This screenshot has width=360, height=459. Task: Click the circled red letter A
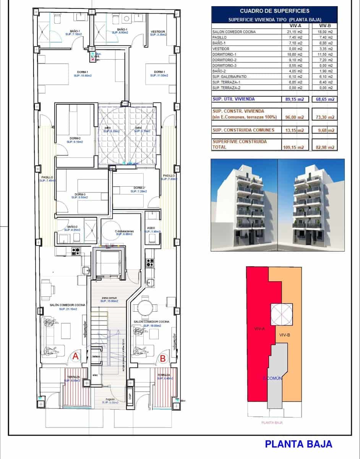point(76,356)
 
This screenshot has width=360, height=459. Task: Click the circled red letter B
point(163,358)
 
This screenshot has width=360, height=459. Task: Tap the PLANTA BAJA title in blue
point(298,444)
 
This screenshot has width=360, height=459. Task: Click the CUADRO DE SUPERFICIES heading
point(274,11)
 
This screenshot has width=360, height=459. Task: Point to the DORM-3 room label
point(80,194)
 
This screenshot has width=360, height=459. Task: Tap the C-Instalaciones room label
point(124,231)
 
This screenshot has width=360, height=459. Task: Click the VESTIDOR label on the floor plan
point(158,31)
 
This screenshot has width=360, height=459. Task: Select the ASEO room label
point(151,228)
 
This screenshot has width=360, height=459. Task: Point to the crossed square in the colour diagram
point(282,314)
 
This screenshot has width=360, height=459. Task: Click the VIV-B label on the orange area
point(285,335)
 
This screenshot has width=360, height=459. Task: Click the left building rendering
point(244,205)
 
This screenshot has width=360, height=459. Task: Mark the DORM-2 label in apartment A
point(75,138)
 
